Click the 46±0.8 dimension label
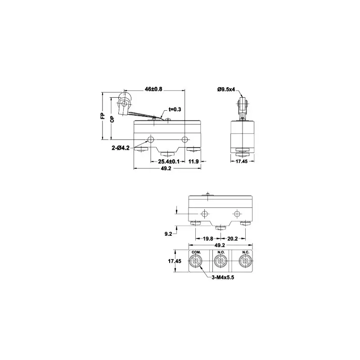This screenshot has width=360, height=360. (153, 89)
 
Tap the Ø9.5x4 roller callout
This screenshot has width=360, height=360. (226, 89)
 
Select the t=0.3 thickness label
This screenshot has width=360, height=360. (175, 109)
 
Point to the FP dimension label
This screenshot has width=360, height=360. (103, 116)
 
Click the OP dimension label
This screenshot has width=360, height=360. (112, 119)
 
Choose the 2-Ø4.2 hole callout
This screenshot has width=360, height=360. (121, 148)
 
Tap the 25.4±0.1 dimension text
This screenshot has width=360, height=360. (169, 162)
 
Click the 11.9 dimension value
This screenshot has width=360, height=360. (193, 162)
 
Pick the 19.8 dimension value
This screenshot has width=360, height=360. (208, 239)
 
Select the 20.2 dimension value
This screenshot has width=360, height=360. (233, 239)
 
